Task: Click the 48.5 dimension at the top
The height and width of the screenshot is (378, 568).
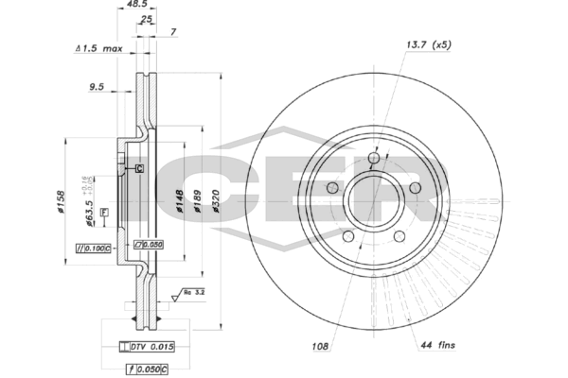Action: click(x=147, y=5)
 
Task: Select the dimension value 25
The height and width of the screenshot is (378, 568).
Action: click(x=146, y=19)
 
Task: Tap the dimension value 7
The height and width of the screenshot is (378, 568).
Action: click(x=173, y=32)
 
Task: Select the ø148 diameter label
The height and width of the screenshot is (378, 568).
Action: click(x=179, y=202)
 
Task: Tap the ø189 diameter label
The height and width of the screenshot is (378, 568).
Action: click(x=199, y=202)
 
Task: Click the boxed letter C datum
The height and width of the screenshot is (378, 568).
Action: click(x=138, y=168)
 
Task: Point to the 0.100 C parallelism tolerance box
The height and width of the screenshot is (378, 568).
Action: click(x=94, y=248)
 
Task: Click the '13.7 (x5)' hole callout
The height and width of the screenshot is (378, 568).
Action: click(x=426, y=44)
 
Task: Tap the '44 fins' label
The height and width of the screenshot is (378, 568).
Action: click(x=437, y=347)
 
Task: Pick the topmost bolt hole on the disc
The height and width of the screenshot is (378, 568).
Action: click(x=374, y=157)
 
